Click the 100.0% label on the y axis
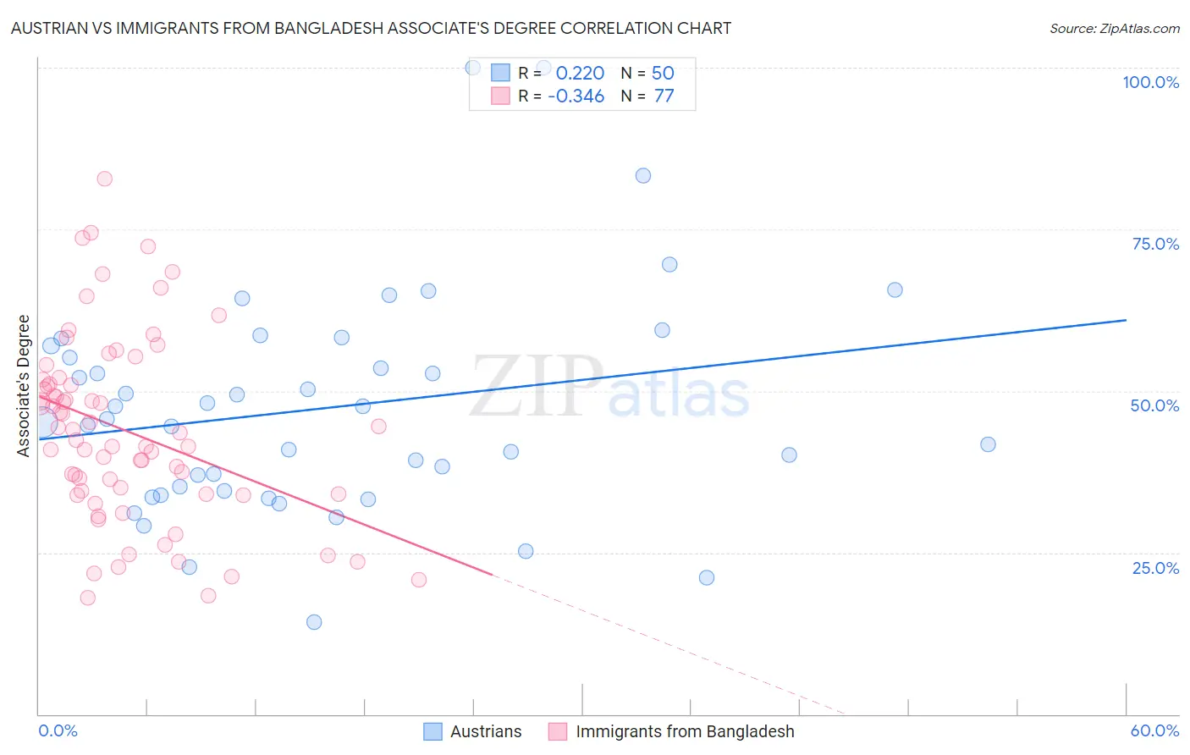(x=1150, y=82)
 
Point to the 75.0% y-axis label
(x=1155, y=244)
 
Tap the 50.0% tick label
(x=1154, y=405)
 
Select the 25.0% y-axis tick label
(x=1155, y=567)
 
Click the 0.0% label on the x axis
(x=58, y=730)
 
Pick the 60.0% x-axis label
(x=1154, y=730)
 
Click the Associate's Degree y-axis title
(x=24, y=386)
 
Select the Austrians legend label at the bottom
(x=486, y=731)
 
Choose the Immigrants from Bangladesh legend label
(x=685, y=731)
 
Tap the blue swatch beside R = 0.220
(x=500, y=73)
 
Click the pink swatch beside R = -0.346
(x=500, y=96)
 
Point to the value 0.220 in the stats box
(x=580, y=73)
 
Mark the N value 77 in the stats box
(x=664, y=96)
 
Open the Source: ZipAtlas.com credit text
(x=1114, y=28)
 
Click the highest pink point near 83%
(x=105, y=179)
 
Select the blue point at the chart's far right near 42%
(x=988, y=444)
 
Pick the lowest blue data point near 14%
(x=314, y=622)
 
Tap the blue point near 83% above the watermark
(x=643, y=176)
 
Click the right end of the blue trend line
(x=1126, y=320)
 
